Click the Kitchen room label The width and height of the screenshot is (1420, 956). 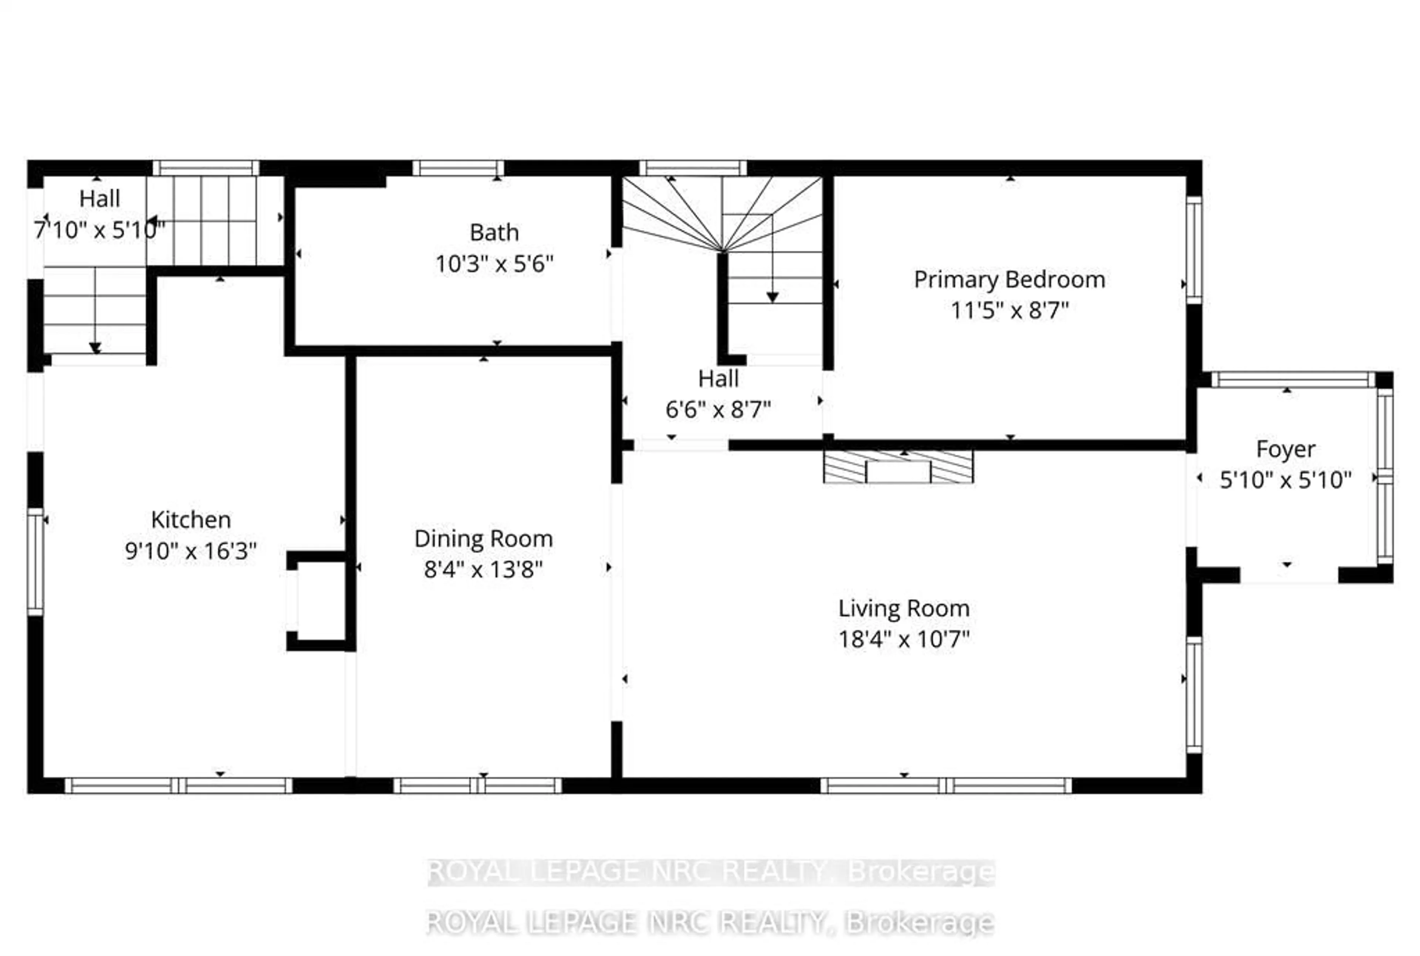[191, 519]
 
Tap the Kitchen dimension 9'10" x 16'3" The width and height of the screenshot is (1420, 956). [191, 551]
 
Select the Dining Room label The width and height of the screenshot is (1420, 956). [483, 538]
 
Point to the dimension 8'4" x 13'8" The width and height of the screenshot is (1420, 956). [483, 569]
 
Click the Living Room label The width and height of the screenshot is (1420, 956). [903, 608]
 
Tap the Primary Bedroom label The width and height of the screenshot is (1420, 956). [1009, 279]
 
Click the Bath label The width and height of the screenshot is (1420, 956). [494, 232]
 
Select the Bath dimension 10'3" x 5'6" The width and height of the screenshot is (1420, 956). [494, 264]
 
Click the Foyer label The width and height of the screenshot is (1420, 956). [1285, 449]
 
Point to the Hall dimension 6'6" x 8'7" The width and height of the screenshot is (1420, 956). [718, 410]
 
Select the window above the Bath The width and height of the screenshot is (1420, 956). [459, 168]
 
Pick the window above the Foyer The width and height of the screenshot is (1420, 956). [1292, 380]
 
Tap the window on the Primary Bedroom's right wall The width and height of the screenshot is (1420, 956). [1194, 250]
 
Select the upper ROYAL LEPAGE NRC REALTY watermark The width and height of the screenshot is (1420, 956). [711, 872]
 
